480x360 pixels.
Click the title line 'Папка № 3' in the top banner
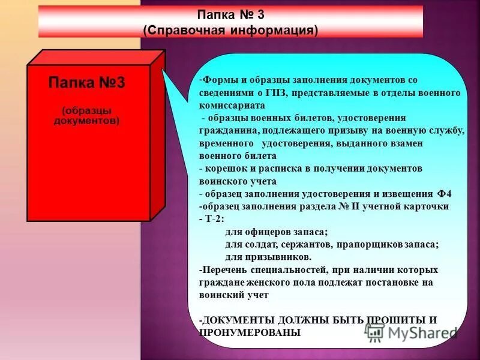click(230, 14)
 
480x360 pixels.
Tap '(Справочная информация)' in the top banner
click(230, 29)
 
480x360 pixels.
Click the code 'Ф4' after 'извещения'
click(445, 194)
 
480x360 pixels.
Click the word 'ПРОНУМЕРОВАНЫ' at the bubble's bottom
click(250, 332)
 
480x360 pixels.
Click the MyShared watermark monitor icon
click(375, 331)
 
